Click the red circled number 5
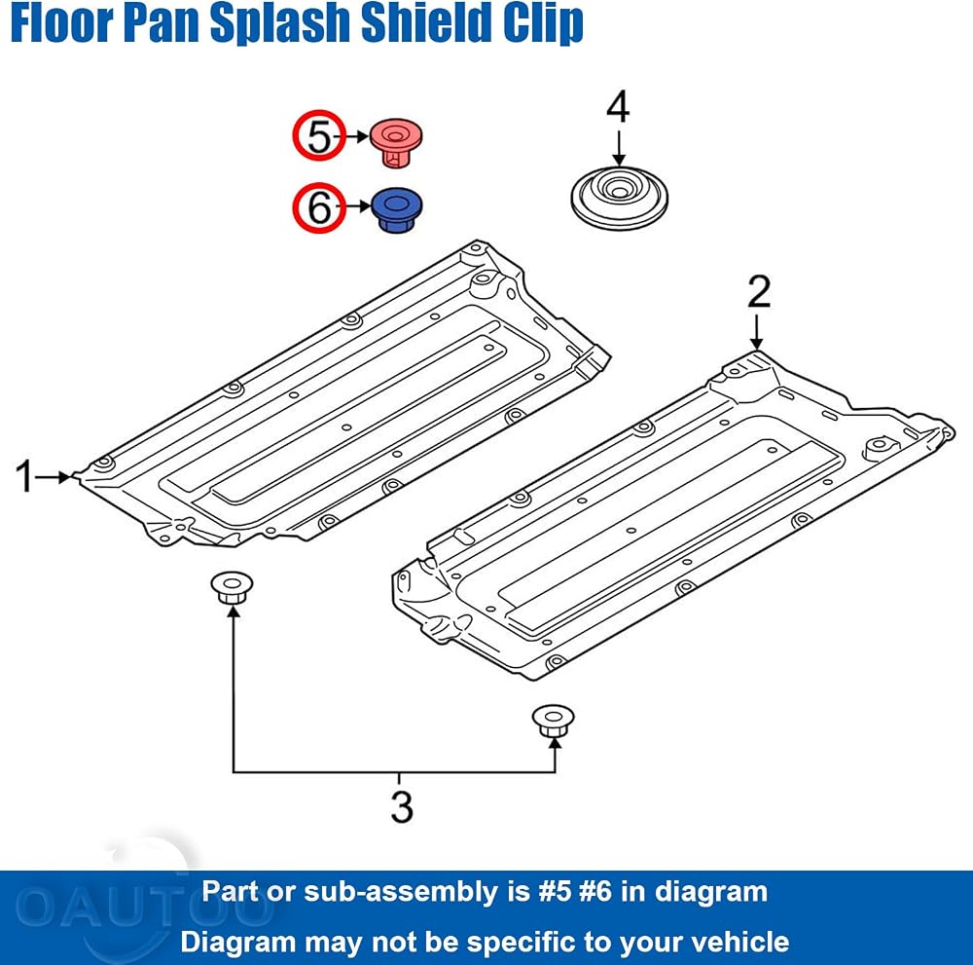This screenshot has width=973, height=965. coord(319,136)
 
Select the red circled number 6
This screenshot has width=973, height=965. coord(319,207)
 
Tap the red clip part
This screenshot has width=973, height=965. coord(396,142)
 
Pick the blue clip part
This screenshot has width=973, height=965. coord(397,210)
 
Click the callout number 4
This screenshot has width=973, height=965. coord(618,107)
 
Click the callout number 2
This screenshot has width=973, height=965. coord(759,291)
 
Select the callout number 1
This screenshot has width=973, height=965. coord(24,476)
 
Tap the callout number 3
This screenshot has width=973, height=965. coord(402,806)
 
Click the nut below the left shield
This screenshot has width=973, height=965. coord(232,587)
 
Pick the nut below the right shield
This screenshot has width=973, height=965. coord(553,721)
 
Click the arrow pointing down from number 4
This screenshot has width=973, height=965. coord(619,148)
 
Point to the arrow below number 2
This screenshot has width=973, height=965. coord(756,333)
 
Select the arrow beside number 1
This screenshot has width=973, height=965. coord(54,477)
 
